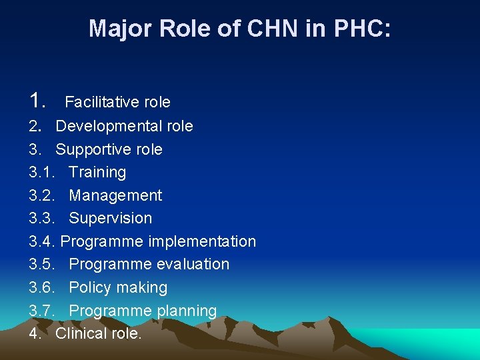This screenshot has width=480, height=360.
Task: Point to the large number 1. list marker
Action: click(x=37, y=101)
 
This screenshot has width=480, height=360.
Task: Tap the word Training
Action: click(x=97, y=173)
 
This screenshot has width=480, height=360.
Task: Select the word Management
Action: click(x=115, y=196)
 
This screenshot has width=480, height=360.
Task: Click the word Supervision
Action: click(x=111, y=219)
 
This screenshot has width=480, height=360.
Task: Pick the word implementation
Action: click(x=202, y=241)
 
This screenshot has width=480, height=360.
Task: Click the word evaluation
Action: click(x=189, y=265)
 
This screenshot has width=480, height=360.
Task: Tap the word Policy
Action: click(x=90, y=288)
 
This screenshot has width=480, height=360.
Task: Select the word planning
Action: click(x=187, y=311)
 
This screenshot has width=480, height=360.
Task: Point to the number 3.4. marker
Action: click(x=43, y=241)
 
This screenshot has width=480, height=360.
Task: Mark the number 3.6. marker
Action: click(x=43, y=288)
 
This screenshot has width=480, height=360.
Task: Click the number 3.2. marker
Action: click(x=43, y=196)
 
